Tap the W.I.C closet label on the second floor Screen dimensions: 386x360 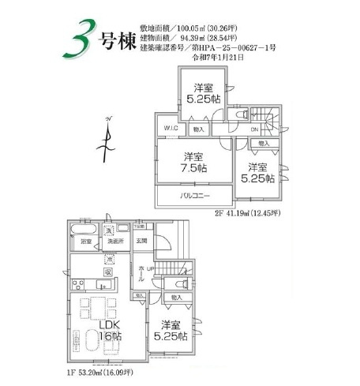[x=171, y=129]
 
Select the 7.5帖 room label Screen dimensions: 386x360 [x=194, y=162]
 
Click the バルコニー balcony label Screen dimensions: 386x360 [x=193, y=194]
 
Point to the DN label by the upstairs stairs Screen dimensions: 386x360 [x=254, y=129]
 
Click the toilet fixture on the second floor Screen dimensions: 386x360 [x=242, y=113]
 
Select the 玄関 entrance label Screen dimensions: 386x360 [x=142, y=241]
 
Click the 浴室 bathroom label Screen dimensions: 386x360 [x=85, y=241]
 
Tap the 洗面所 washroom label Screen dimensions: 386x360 [x=115, y=241]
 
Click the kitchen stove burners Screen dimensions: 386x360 [x=80, y=284]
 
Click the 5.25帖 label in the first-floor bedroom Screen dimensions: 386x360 [x=171, y=331]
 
